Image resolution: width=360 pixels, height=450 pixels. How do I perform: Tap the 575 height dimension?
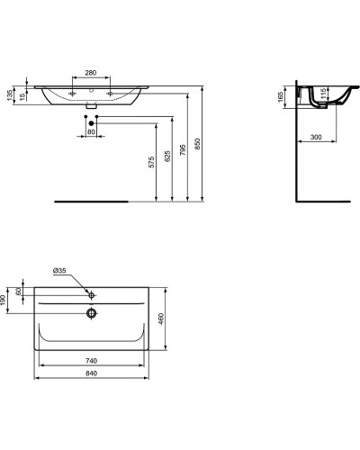(x=151, y=161)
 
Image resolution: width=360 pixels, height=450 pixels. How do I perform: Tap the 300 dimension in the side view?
(x=317, y=136)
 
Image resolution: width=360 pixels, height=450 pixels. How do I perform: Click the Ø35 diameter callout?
(x=61, y=270)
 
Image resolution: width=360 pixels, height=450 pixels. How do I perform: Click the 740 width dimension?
(x=90, y=361)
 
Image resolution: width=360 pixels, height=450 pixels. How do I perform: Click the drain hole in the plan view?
(x=91, y=313)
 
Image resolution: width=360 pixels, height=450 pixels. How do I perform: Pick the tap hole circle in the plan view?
(x=91, y=294)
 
